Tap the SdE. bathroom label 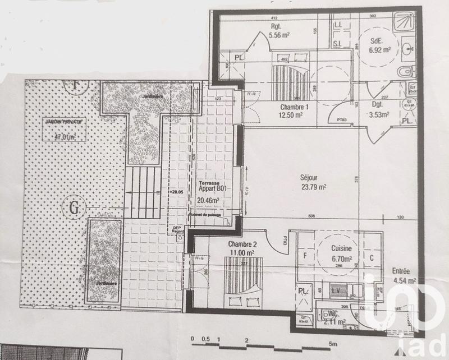tap(376, 41)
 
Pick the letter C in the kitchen tap(372, 259)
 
